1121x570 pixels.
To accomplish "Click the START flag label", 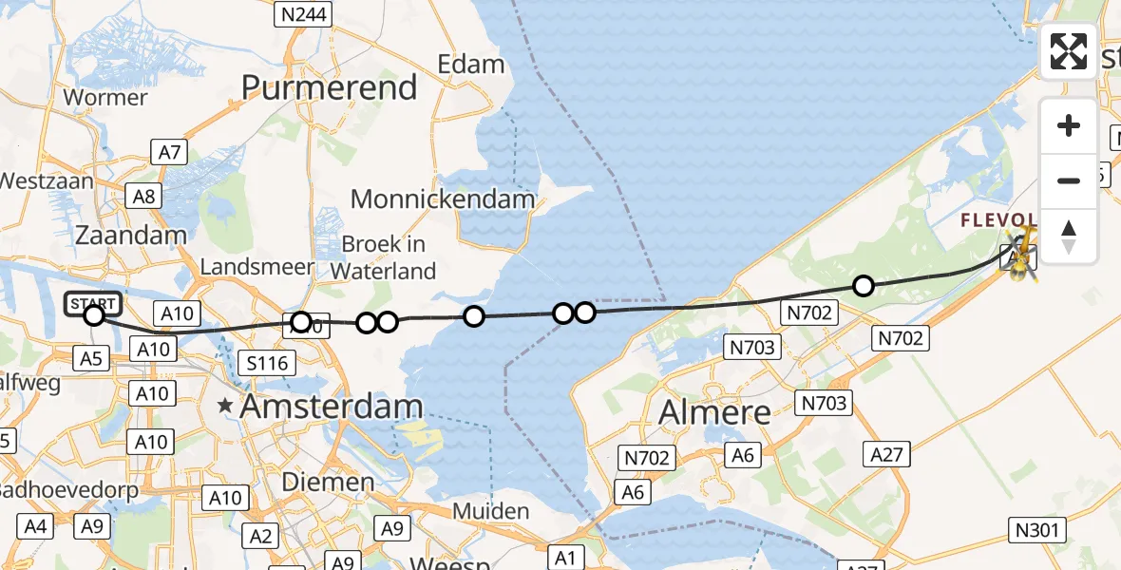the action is tap(93, 304).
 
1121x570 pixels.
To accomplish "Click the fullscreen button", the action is tap(1069, 51).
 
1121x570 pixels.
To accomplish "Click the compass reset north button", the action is tap(1069, 236).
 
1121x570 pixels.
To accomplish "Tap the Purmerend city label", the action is tap(330, 87).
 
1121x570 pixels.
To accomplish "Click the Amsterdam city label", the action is tap(332, 407).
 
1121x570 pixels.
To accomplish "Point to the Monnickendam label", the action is tap(443, 199).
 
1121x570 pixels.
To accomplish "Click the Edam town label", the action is tap(471, 65).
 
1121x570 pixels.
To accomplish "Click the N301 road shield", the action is tap(1039, 530).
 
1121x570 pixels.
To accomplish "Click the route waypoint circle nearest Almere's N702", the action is tap(863, 285).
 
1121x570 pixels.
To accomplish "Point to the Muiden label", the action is tap(490, 511).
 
